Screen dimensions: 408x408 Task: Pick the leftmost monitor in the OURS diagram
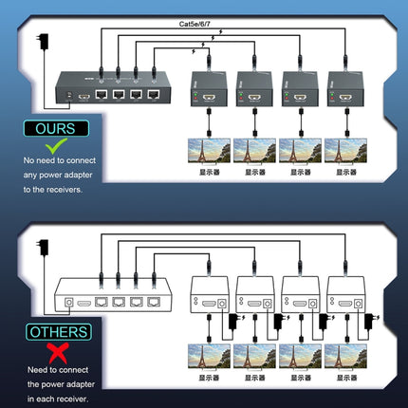207,152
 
